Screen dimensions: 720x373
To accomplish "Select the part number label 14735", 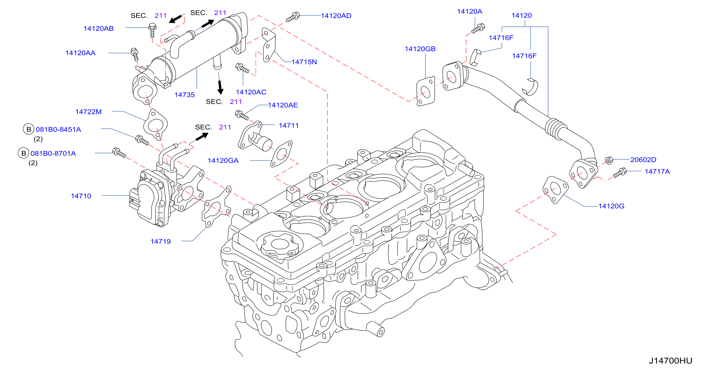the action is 184,95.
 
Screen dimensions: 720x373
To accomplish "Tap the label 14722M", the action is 88,112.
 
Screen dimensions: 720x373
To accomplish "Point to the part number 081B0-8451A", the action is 58,129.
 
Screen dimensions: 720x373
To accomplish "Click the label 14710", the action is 81,196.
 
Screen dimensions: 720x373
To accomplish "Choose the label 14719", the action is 161,242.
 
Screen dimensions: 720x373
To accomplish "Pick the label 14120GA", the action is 223,161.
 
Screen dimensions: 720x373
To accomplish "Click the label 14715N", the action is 304,62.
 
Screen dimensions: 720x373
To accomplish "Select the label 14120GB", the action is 420,49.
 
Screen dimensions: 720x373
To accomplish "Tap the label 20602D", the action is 643,160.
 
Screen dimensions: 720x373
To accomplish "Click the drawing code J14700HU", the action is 670,361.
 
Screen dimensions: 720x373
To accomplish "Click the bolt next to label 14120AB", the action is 152,30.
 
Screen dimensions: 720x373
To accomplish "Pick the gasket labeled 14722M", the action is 155,124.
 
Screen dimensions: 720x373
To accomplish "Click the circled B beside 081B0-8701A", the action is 23,153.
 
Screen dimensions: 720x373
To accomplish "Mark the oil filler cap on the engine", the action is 279,246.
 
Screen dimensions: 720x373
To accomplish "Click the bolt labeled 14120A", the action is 478,28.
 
